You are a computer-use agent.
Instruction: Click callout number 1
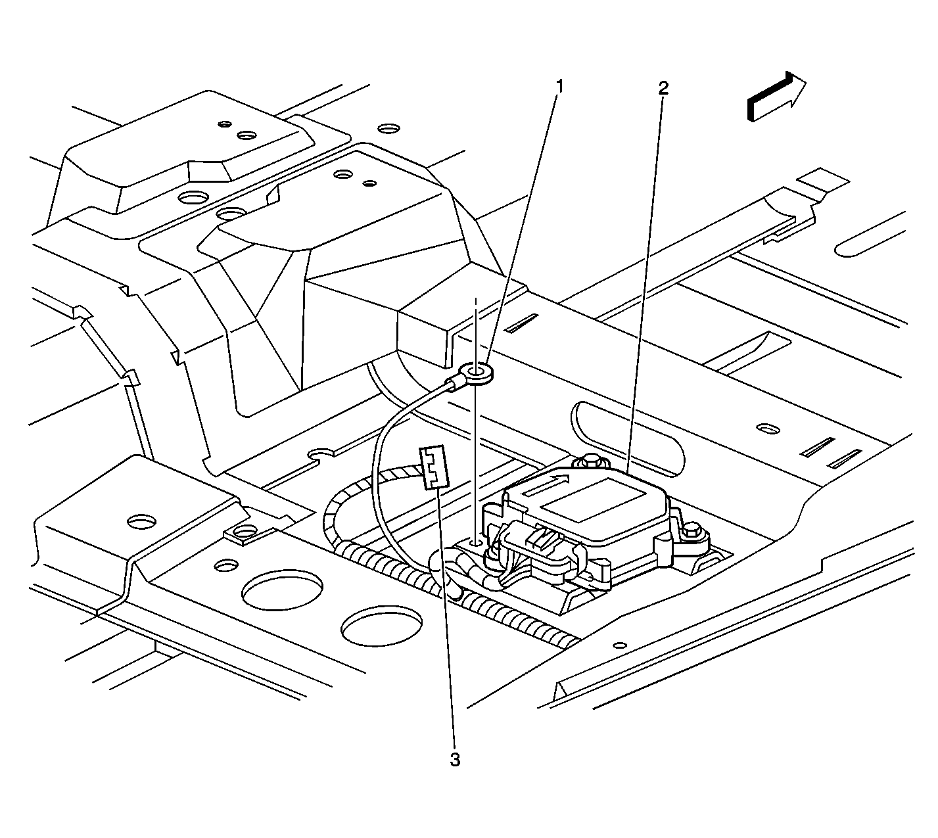(x=559, y=86)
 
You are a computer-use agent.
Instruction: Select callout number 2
(x=664, y=88)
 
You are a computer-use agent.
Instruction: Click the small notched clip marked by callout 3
(x=432, y=467)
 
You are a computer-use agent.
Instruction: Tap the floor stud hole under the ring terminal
(x=475, y=544)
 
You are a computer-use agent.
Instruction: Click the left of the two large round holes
(x=282, y=590)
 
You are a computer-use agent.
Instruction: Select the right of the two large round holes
(x=382, y=626)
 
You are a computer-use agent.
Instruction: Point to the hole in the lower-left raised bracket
(x=142, y=522)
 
